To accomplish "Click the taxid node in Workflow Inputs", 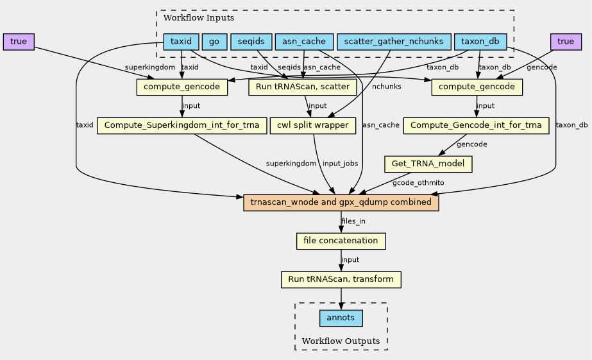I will point(182,42).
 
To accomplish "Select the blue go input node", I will point(214,42).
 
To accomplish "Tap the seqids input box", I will point(249,42).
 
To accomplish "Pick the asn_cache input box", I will point(304,42).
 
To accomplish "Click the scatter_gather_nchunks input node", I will point(393,42).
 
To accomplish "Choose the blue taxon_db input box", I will point(480,42).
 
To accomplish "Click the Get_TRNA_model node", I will point(428,164).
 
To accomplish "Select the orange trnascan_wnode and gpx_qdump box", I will point(341,203).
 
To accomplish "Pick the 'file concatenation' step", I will point(341,241).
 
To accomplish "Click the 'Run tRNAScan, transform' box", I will point(341,280).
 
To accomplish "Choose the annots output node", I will point(341,318).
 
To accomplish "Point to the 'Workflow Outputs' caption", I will point(341,341).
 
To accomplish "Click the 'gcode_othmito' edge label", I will point(418,183).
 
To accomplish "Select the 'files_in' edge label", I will point(353,221).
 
